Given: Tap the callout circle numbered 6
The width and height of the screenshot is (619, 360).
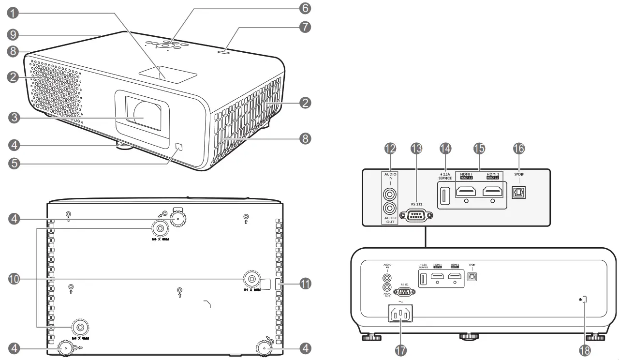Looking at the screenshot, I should pyautogui.click(x=305, y=8).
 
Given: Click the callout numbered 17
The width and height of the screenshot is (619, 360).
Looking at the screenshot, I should pyautogui.click(x=400, y=351).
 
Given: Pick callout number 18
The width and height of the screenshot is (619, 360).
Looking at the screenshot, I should pyautogui.click(x=585, y=351).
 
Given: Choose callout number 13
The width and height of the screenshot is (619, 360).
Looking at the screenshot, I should pyautogui.click(x=416, y=149).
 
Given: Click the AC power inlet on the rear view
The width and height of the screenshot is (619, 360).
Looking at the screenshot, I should pyautogui.click(x=400, y=315).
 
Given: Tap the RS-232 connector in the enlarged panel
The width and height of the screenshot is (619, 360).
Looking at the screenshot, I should pyautogui.click(x=414, y=215).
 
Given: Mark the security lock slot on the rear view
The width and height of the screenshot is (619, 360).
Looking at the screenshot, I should pyautogui.click(x=585, y=300).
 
